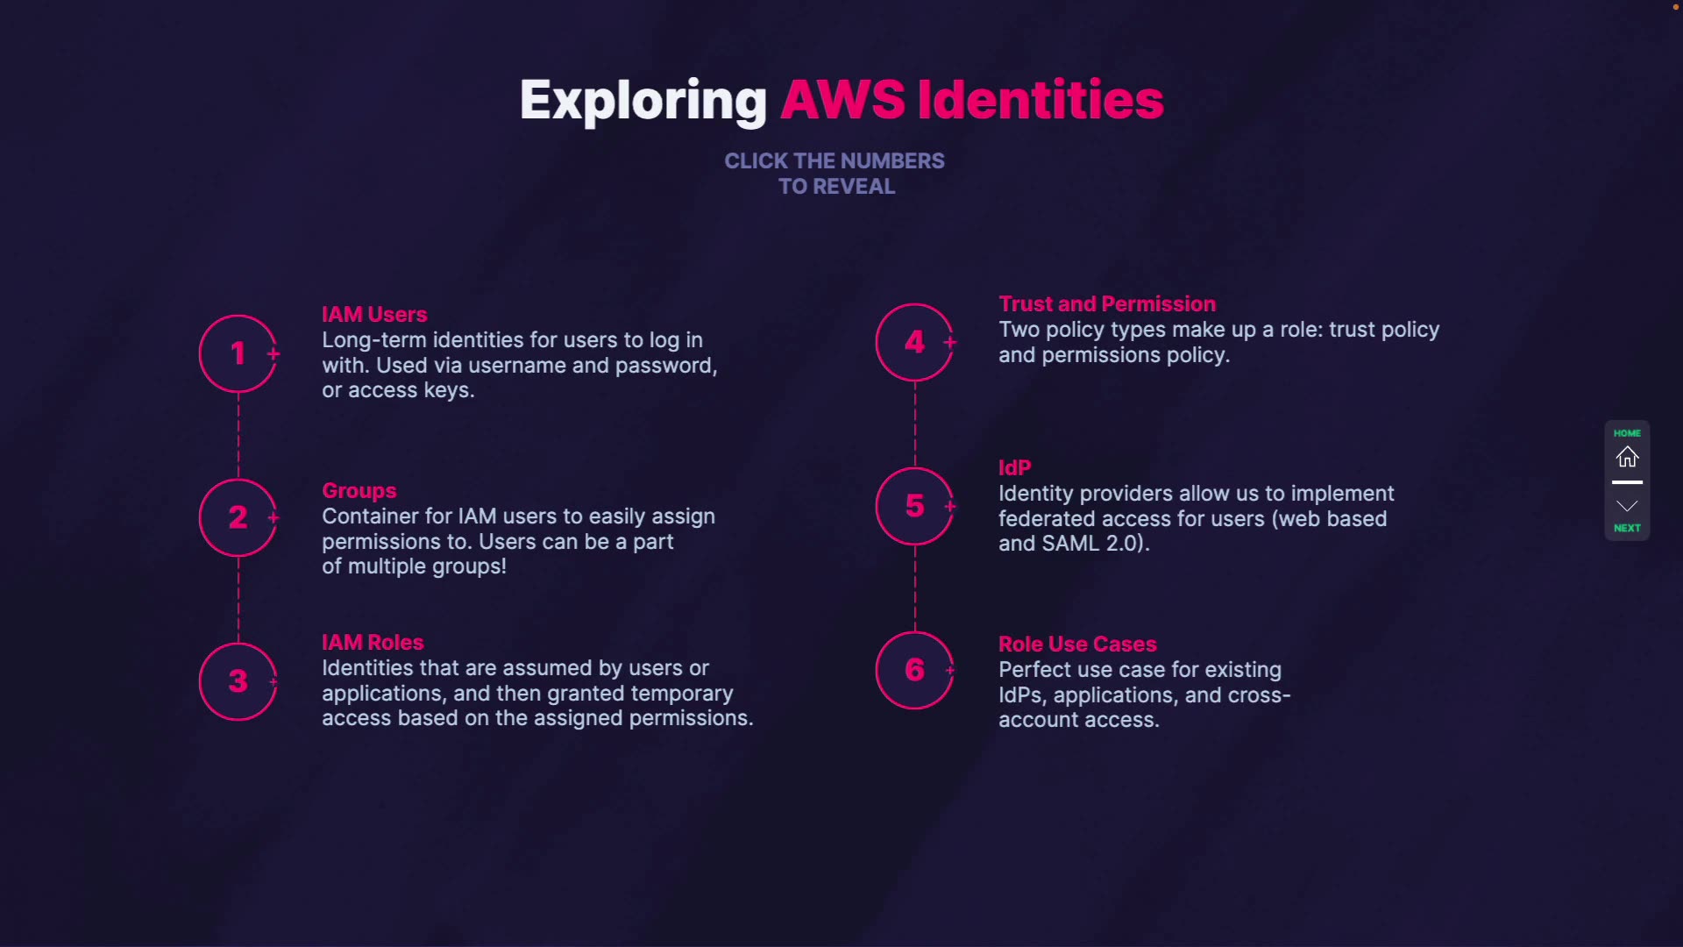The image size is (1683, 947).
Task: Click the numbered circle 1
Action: tap(238, 353)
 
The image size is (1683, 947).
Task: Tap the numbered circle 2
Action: tap(238, 517)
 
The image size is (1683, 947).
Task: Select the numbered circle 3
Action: tap(238, 681)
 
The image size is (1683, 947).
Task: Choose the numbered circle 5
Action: tap(914, 506)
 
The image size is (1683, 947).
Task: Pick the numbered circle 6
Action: tap(914, 670)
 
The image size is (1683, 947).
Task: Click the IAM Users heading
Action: tap(374, 314)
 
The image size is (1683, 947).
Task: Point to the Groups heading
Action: tap(359, 490)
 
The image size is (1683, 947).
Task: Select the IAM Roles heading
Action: tap(373, 642)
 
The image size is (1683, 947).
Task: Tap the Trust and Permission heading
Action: tap(1107, 303)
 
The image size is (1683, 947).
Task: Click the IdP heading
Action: tap(1014, 467)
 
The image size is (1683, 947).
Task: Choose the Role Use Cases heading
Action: tap(1077, 644)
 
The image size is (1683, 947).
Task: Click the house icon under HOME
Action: tap(1627, 457)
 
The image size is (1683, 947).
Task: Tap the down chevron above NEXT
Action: tap(1627, 506)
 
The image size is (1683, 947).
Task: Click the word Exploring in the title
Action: tap(643, 100)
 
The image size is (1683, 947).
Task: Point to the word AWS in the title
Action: tap(842, 99)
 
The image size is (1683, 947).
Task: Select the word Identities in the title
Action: tap(1040, 99)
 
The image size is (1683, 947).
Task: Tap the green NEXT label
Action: tap(1627, 528)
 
